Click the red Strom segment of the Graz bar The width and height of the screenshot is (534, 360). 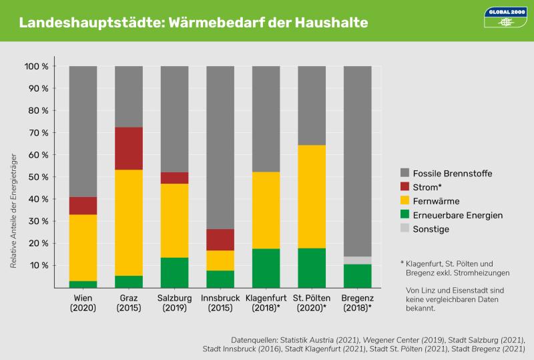(x=129, y=148)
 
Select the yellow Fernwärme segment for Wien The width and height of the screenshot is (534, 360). (x=83, y=248)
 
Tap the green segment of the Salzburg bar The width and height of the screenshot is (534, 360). (x=175, y=273)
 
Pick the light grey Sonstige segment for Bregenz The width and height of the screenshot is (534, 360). (x=358, y=260)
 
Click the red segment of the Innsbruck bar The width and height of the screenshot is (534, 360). (x=220, y=240)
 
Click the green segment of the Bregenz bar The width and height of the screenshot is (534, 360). (x=358, y=276)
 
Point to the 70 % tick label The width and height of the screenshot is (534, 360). (x=36, y=133)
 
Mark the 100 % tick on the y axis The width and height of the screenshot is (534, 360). (x=36, y=67)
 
